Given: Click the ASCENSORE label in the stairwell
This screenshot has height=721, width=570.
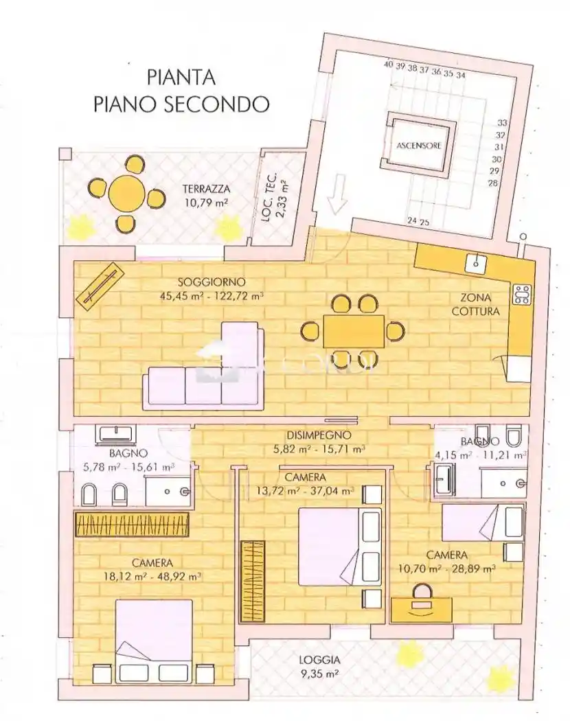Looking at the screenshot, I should [x=418, y=146].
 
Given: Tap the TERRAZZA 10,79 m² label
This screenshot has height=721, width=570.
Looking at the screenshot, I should [x=205, y=196].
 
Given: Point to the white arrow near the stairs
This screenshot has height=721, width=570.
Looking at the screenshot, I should [x=338, y=195].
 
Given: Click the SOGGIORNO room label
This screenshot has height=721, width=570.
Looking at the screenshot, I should [x=212, y=289].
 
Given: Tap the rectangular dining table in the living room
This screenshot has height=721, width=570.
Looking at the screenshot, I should [x=354, y=331].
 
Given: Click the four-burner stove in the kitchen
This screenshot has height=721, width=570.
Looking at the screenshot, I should [x=522, y=295].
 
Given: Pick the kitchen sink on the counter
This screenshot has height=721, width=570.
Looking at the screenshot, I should [x=475, y=262].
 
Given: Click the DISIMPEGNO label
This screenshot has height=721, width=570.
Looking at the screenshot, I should [x=319, y=442].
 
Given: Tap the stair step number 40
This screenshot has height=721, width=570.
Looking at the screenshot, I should [x=388, y=65].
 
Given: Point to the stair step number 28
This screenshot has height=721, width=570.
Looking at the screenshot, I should [x=492, y=183].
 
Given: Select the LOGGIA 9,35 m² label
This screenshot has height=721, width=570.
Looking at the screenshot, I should [x=319, y=667].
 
